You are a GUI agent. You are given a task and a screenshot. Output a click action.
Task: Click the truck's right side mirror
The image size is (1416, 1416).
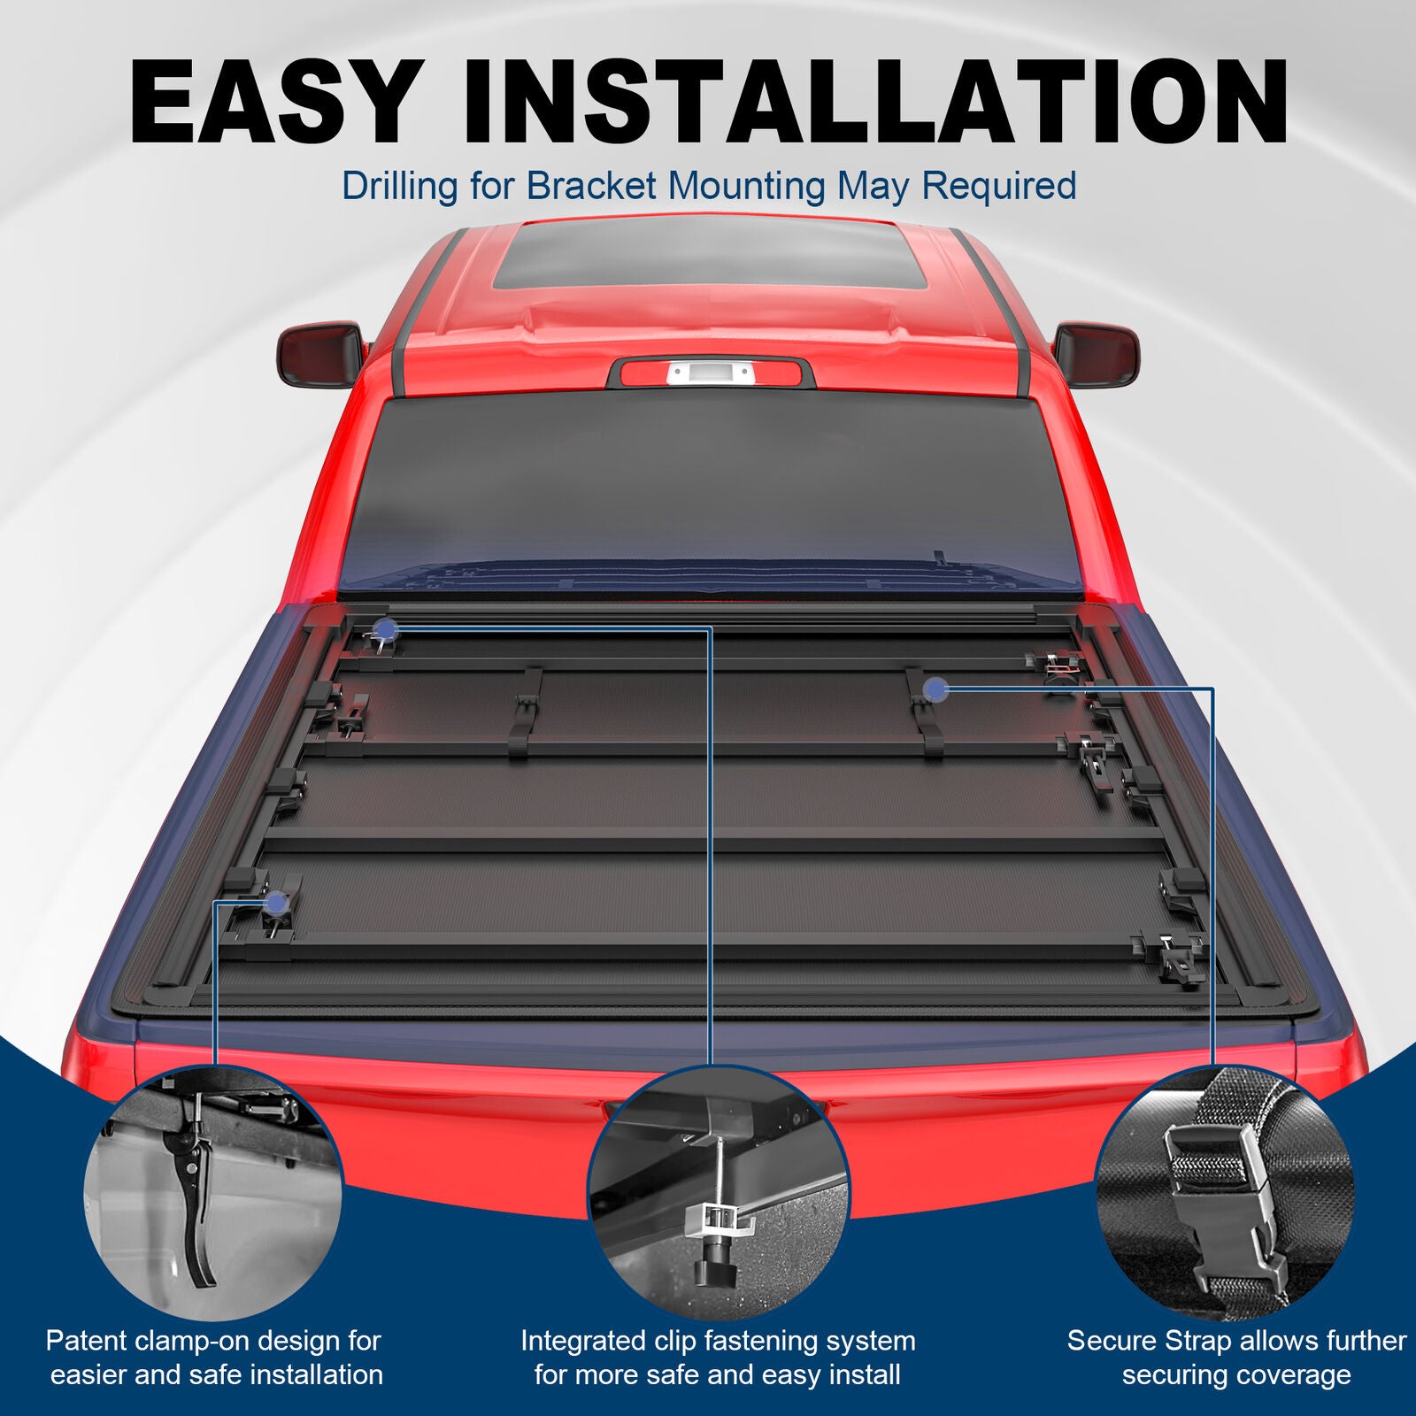[1097, 354]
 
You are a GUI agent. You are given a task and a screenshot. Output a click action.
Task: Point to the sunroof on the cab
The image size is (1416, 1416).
[708, 255]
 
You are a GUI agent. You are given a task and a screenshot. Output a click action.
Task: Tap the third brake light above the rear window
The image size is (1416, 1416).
[709, 373]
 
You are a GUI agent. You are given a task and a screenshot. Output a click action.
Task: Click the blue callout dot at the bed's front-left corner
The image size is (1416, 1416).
[386, 629]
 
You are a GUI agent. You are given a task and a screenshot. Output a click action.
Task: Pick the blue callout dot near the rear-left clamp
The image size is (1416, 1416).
[276, 904]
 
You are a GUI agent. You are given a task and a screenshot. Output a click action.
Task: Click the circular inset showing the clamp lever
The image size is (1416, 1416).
[213, 1195]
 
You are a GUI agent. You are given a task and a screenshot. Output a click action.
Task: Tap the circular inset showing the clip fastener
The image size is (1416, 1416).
[718, 1195]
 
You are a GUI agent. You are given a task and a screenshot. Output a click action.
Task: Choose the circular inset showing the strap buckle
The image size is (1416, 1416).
[1226, 1195]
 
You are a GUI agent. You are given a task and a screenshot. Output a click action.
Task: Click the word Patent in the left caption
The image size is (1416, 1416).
[87, 1341]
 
